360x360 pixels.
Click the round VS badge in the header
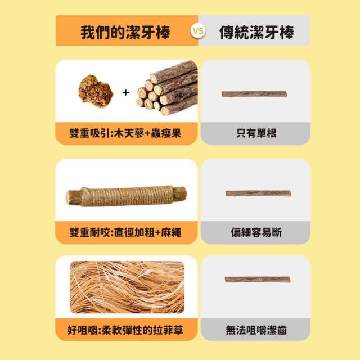(x=198, y=31)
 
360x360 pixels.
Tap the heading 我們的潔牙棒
(x=125, y=32)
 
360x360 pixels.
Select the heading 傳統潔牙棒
(x=256, y=32)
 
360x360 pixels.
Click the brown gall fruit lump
(x=96, y=91)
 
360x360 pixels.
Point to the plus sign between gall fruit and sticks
(x=125, y=92)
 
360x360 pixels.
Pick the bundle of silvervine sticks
(x=167, y=88)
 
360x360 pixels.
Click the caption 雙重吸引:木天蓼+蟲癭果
(x=125, y=133)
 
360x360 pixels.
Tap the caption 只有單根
(x=256, y=133)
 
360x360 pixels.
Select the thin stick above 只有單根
(x=254, y=94)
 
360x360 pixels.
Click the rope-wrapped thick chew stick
(x=126, y=196)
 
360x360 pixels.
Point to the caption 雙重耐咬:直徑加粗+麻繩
(x=125, y=232)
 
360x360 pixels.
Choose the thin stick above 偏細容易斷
(x=258, y=193)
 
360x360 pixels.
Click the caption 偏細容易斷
(x=256, y=232)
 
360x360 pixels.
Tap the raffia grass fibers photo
(x=127, y=287)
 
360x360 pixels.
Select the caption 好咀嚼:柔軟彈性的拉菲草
(x=125, y=330)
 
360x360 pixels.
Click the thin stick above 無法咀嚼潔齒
(x=258, y=280)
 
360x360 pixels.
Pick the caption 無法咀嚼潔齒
(x=256, y=330)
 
